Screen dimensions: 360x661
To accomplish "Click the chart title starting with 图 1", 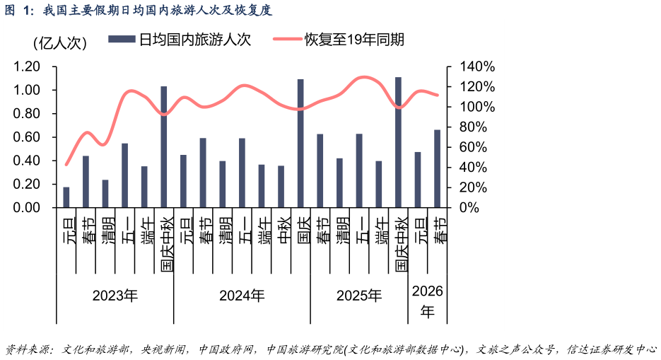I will pyautogui.click(x=137, y=10).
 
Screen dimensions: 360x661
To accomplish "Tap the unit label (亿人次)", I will pyautogui.click(x=59, y=43).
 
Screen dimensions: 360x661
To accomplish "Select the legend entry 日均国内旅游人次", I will pyautogui.click(x=180, y=40).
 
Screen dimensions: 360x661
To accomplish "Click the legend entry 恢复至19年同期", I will pyautogui.click(x=339, y=40).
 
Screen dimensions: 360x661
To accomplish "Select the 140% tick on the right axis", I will pyautogui.click(x=477, y=66).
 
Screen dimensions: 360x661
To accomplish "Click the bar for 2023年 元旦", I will pyautogui.click(x=66, y=197).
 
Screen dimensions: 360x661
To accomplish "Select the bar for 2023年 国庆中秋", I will pyautogui.click(x=164, y=147).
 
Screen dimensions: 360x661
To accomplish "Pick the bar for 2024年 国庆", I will pyautogui.click(x=300, y=144).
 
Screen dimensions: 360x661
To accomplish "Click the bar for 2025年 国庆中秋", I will pyautogui.click(x=398, y=142).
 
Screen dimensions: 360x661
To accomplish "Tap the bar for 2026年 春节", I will pyautogui.click(x=437, y=168).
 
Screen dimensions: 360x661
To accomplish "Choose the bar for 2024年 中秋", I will pyautogui.click(x=281, y=187).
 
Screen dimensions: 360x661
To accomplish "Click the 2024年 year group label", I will pyautogui.click(x=242, y=295).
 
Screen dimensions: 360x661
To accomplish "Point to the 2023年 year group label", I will pyautogui.click(x=115, y=295).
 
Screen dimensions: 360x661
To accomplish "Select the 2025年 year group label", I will pyautogui.click(x=358, y=295).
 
